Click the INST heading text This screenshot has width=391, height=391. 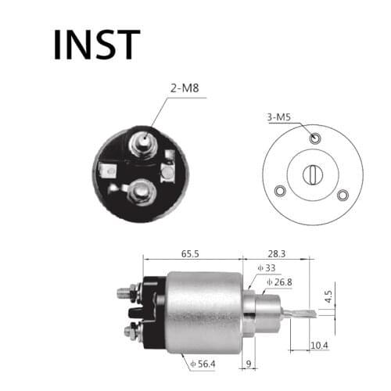96,45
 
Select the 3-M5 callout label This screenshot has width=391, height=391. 279,118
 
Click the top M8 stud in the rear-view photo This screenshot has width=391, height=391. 144,142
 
